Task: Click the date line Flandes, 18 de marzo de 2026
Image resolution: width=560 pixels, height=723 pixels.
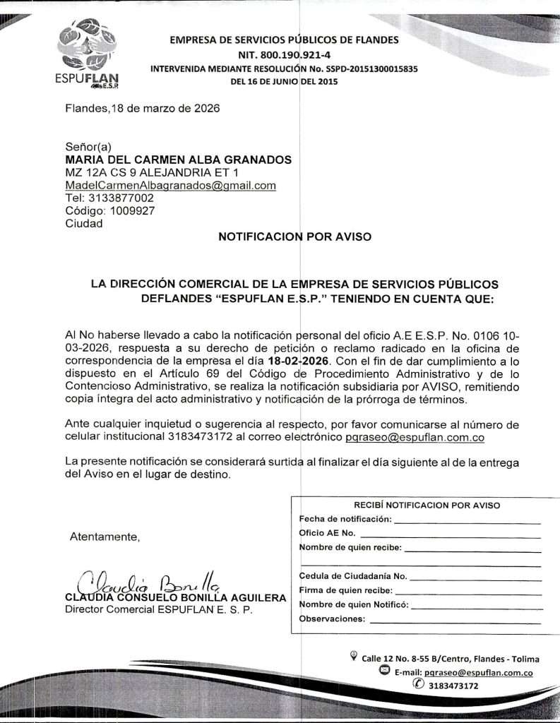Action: pyautogui.click(x=142, y=109)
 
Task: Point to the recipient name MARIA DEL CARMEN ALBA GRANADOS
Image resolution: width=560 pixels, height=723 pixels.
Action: pyautogui.click(x=178, y=160)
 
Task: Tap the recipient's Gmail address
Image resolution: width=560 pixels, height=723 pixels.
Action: pyautogui.click(x=170, y=186)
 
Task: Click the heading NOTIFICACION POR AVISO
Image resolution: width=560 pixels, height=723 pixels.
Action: pyautogui.click(x=294, y=237)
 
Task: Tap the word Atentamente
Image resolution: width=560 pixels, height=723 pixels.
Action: pyautogui.click(x=105, y=537)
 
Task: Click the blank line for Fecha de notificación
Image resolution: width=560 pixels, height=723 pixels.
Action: pyautogui.click(x=467, y=520)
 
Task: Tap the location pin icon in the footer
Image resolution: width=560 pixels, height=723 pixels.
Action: pyautogui.click(x=354, y=657)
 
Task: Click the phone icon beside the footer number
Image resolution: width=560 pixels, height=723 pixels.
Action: pyautogui.click(x=419, y=684)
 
